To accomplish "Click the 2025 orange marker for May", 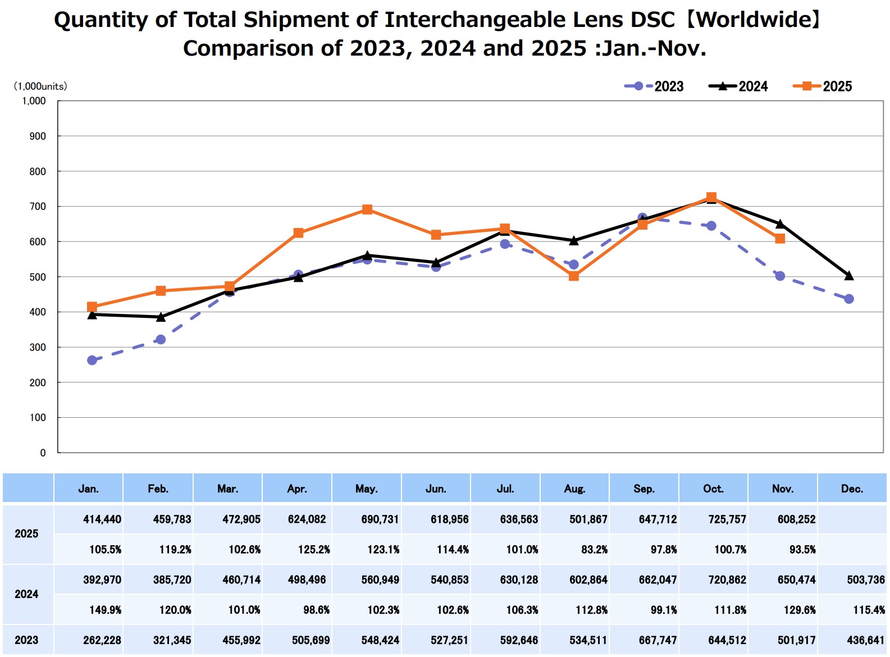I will pyautogui.click(x=367, y=209).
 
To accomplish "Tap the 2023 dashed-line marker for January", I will pyautogui.click(x=92, y=361).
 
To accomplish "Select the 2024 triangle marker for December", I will pyautogui.click(x=849, y=276).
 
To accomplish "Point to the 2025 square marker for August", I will pyautogui.click(x=574, y=276).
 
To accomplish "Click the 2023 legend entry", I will pyautogui.click(x=654, y=86).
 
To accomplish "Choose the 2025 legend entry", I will pyautogui.click(x=823, y=86).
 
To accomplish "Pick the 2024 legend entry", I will pyautogui.click(x=738, y=86).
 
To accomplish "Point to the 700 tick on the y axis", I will pyautogui.click(x=38, y=207).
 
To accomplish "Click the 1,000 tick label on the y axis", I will pyautogui.click(x=34, y=101).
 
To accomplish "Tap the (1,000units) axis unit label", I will pyautogui.click(x=40, y=86).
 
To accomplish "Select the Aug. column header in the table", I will pyautogui.click(x=574, y=489).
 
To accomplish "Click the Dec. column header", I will pyautogui.click(x=852, y=489).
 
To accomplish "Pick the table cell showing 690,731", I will pyautogui.click(x=380, y=519).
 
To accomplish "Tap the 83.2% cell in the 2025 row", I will pyautogui.click(x=594, y=550).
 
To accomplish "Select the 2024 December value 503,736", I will pyautogui.click(x=866, y=580).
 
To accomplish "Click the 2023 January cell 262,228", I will pyautogui.click(x=102, y=640).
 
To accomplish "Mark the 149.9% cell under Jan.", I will pyautogui.click(x=106, y=610).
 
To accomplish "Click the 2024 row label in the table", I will pyautogui.click(x=26, y=594).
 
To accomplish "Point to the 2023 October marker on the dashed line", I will pyautogui.click(x=711, y=226).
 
